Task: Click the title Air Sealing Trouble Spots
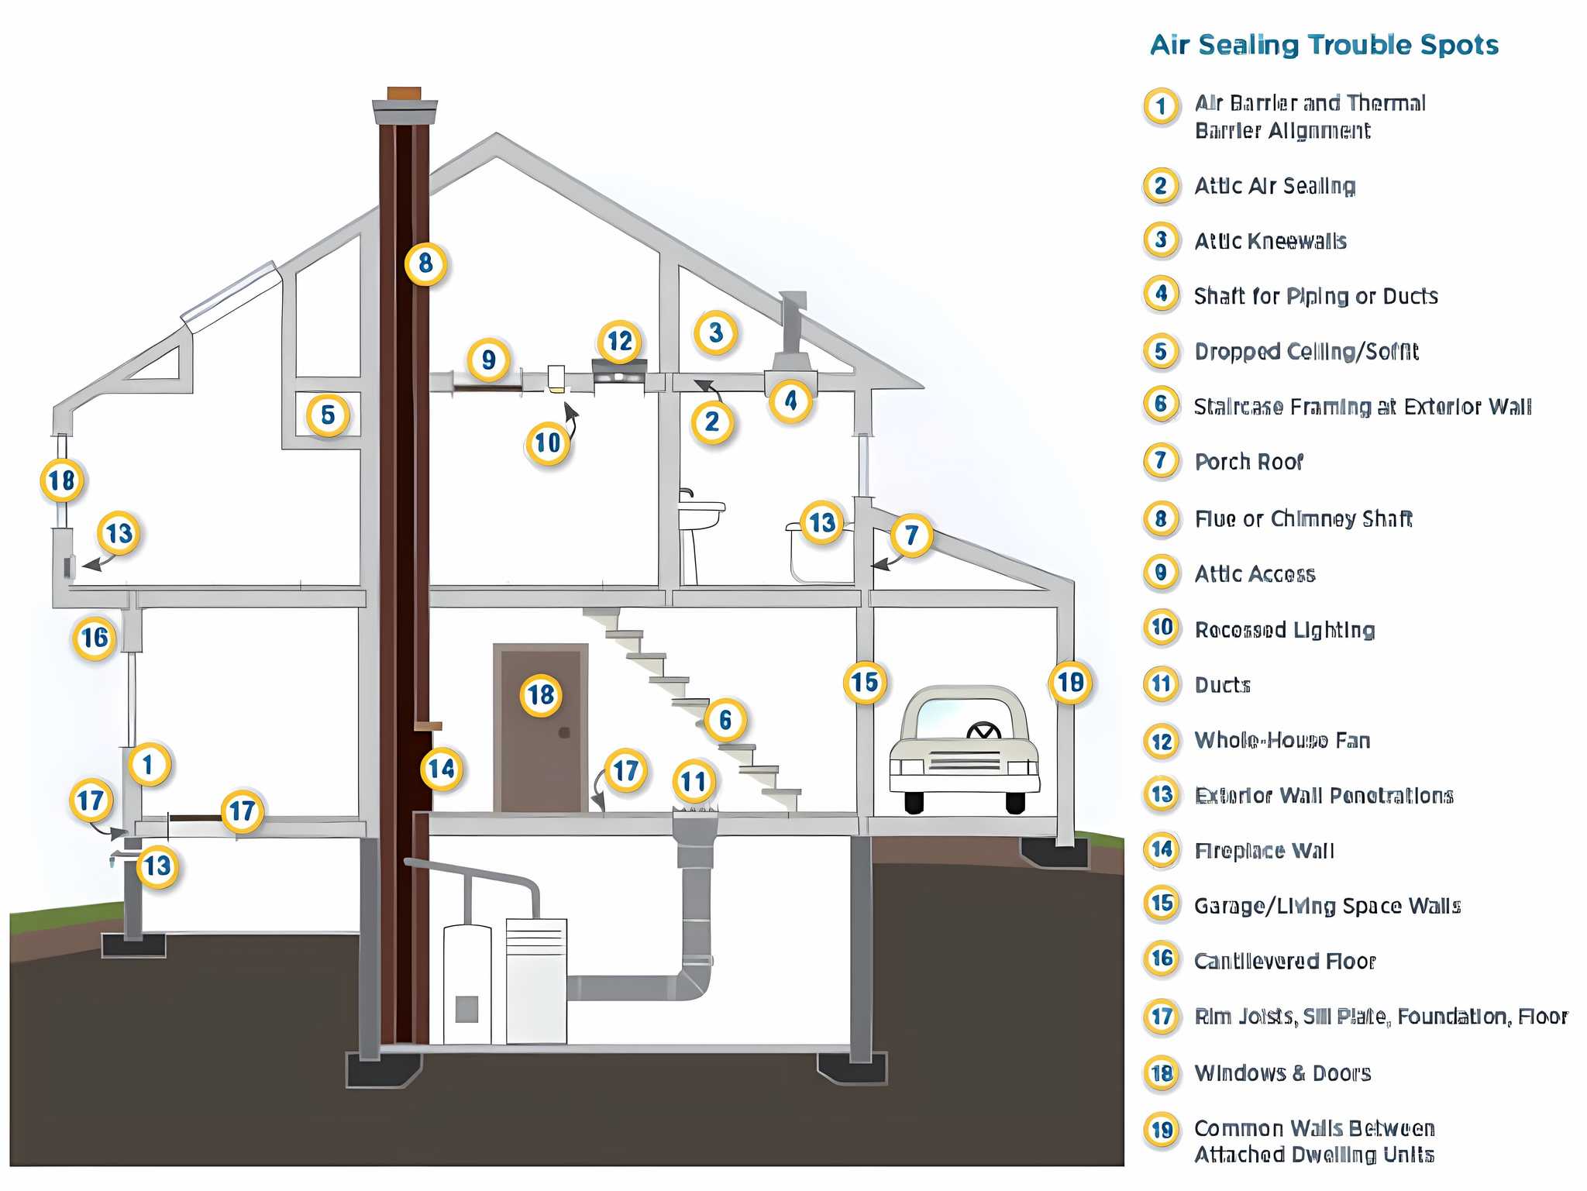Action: (1324, 45)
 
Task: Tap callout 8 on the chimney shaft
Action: (425, 263)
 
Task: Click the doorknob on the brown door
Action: (564, 732)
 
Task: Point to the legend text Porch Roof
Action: (1248, 462)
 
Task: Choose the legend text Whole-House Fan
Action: (1282, 740)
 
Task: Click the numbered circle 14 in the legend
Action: (1162, 849)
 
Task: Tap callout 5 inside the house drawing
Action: (328, 415)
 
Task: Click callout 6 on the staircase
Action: (725, 720)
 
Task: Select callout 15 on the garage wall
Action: (865, 682)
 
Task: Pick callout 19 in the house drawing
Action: (1071, 682)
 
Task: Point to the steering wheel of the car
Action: (983, 730)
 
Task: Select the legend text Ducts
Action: (1222, 685)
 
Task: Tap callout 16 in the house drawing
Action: (95, 638)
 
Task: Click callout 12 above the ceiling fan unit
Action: (620, 341)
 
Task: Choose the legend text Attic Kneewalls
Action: (1270, 241)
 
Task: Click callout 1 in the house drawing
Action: (148, 765)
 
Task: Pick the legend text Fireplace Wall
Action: (1264, 851)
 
